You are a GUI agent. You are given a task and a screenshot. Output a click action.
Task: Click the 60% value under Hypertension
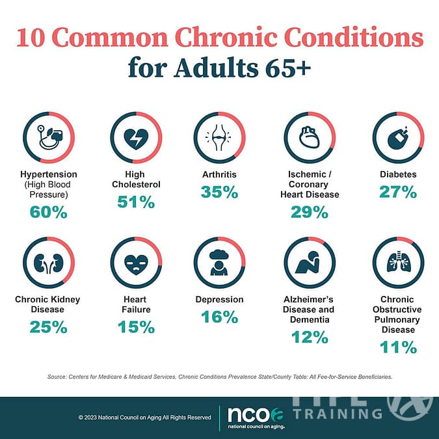pyautogui.click(x=48, y=211)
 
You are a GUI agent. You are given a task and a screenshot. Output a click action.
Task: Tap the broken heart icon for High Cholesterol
pyautogui.click(x=136, y=138)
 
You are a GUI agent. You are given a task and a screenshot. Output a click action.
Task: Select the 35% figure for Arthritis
pyautogui.click(x=220, y=192)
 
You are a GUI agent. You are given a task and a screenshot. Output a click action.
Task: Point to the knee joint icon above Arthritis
pyautogui.click(x=220, y=138)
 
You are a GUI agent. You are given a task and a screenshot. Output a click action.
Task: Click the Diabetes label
pyautogui.click(x=398, y=174)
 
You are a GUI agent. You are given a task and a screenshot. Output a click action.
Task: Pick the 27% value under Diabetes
pyautogui.click(x=398, y=192)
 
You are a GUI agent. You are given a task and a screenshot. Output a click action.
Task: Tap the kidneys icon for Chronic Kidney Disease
pyautogui.click(x=48, y=263)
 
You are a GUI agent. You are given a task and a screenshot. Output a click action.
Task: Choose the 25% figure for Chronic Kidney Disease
pyautogui.click(x=48, y=327)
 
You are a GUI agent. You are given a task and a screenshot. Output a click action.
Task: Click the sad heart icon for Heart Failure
pyautogui.click(x=136, y=263)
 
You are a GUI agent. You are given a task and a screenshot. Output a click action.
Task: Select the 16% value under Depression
pyautogui.click(x=220, y=317)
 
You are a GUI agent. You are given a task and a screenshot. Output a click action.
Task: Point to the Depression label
pyautogui.click(x=220, y=299)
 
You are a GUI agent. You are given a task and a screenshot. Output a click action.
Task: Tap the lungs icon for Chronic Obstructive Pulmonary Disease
pyautogui.click(x=398, y=263)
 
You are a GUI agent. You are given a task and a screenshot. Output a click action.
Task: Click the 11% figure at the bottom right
pyautogui.click(x=398, y=347)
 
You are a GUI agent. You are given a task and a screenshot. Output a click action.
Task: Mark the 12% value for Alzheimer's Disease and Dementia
pyautogui.click(x=310, y=337)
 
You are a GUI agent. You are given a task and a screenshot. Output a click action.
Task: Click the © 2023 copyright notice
pyautogui.click(x=144, y=417)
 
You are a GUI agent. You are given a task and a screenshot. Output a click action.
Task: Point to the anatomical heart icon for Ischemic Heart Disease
pyautogui.click(x=310, y=138)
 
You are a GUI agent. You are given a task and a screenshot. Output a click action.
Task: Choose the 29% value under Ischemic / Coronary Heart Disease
pyautogui.click(x=310, y=211)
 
